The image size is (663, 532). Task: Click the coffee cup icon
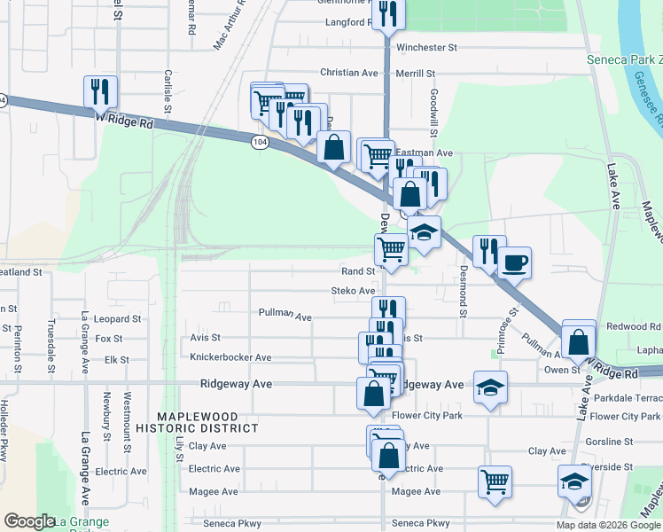515,262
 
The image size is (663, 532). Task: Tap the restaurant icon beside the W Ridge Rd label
100,91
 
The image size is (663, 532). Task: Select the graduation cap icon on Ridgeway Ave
489,387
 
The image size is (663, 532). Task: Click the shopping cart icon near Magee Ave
495,481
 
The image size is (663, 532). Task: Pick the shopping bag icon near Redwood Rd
579,339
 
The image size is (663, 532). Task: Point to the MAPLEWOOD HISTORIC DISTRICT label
208,422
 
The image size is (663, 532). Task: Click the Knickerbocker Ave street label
230,357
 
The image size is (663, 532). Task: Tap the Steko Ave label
353,291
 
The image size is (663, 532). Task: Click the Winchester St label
426,46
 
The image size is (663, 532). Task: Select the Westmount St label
128,416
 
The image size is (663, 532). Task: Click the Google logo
29,521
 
